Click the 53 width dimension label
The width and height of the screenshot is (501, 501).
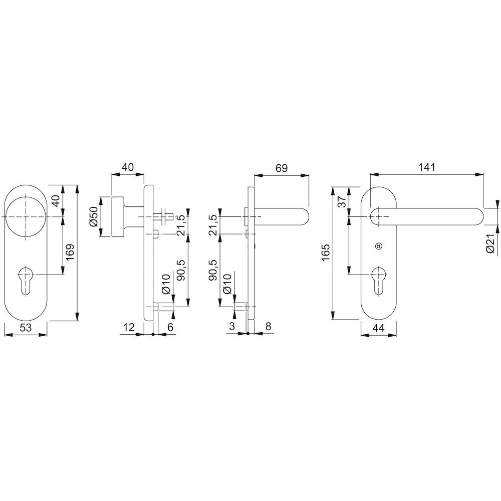26,327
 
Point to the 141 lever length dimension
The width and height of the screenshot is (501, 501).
427,167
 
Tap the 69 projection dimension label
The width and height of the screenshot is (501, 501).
282,168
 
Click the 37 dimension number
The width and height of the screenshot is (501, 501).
342,201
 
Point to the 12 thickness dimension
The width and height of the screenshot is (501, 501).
129,327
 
